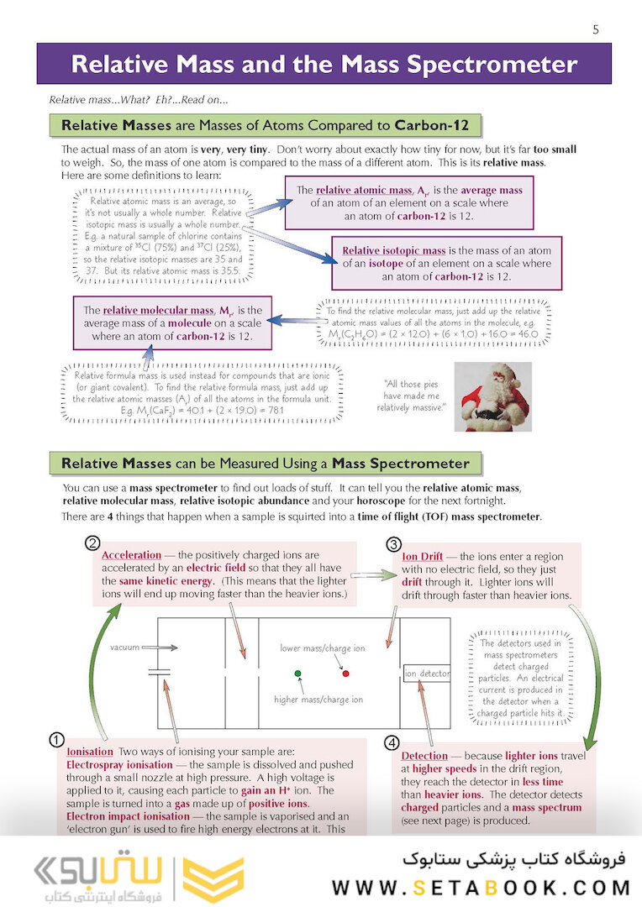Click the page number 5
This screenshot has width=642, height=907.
(596, 30)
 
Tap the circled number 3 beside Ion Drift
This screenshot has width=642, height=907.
(394, 543)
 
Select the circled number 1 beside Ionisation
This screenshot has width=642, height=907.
(55, 740)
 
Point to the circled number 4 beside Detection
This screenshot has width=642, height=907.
(392, 743)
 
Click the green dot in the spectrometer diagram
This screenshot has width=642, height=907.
(297, 674)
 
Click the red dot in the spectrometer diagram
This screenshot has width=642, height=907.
(345, 674)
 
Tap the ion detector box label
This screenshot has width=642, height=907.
(427, 674)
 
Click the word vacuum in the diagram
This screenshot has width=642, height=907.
(124, 647)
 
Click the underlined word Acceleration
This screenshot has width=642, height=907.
(131, 556)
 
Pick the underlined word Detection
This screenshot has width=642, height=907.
(424, 756)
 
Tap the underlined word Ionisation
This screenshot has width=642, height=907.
(89, 752)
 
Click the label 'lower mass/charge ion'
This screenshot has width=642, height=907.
(323, 648)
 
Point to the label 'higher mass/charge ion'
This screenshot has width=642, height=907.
(318, 700)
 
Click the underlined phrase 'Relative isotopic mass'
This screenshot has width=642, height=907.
(393, 250)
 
